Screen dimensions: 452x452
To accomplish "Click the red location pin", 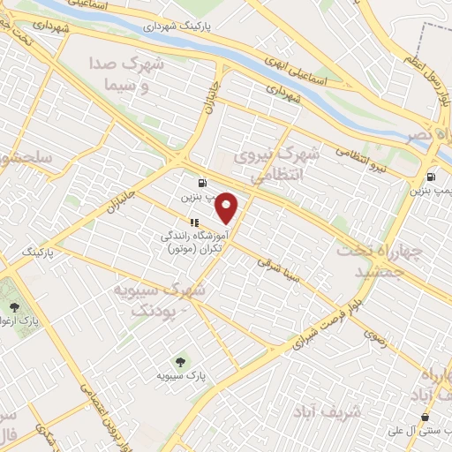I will pyautogui.click(x=228, y=208).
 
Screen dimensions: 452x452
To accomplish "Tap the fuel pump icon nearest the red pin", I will pyautogui.click(x=203, y=183).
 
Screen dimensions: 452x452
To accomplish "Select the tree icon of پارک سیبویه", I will pyautogui.click(x=180, y=361).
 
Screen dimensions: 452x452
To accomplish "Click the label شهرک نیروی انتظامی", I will pyautogui.click(x=275, y=166).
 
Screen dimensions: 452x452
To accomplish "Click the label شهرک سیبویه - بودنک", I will pyautogui.click(x=160, y=299).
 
